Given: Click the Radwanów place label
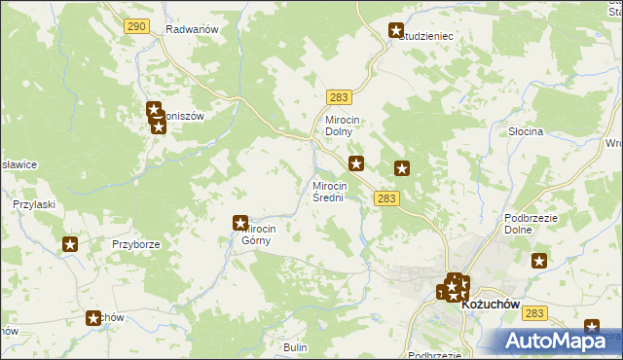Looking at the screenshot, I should [x=191, y=29].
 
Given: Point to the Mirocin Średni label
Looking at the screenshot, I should [x=329, y=192].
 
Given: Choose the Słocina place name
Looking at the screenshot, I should [x=526, y=130].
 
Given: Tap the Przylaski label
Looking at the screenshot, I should [x=32, y=204].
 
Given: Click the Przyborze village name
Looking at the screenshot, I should [x=134, y=244].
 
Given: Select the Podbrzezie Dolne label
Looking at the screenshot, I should [x=530, y=225].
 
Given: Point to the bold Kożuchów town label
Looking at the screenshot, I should [x=493, y=305].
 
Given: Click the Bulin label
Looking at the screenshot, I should [x=295, y=346].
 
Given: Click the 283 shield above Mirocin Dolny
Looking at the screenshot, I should [x=339, y=97].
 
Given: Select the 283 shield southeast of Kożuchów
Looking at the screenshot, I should [x=533, y=313].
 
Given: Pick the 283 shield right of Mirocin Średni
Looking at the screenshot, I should [x=385, y=198].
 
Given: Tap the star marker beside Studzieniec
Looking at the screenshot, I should [x=396, y=31].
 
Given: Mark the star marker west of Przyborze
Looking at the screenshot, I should [x=70, y=244].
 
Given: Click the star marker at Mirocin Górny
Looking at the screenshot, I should [x=240, y=224].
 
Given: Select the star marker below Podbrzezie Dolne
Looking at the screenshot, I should [x=540, y=261].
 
